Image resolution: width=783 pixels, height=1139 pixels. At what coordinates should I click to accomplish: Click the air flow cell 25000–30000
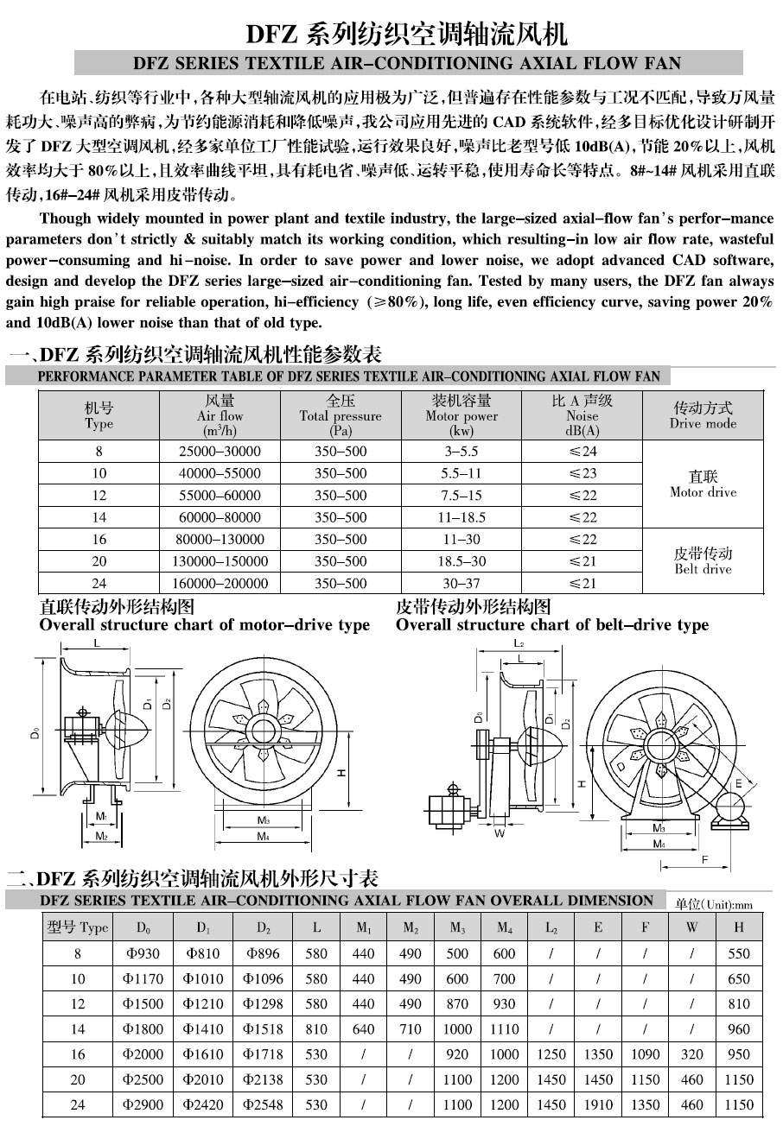click(x=220, y=451)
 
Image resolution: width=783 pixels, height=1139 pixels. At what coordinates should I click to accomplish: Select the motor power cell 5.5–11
click(x=462, y=473)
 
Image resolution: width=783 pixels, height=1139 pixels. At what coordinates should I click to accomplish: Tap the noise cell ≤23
click(x=582, y=473)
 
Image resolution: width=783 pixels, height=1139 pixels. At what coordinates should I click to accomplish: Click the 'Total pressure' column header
click(x=341, y=415)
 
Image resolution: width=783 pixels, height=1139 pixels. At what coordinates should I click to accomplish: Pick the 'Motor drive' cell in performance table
click(x=703, y=484)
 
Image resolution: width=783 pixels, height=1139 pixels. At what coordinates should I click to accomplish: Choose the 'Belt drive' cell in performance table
click(x=703, y=561)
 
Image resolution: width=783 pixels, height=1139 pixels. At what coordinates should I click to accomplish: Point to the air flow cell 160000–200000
click(x=220, y=584)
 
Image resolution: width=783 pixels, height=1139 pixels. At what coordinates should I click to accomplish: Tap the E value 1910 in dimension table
click(x=598, y=1104)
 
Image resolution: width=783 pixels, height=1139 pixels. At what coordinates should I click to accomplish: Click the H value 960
click(x=739, y=1028)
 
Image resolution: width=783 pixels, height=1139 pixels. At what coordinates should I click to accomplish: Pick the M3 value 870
click(x=456, y=1003)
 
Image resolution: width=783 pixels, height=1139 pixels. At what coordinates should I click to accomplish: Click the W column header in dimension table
click(x=692, y=927)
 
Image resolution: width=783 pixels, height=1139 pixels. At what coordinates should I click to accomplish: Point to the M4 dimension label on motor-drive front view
click(x=263, y=837)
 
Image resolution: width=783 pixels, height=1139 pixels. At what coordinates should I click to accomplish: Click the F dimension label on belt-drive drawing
click(x=705, y=859)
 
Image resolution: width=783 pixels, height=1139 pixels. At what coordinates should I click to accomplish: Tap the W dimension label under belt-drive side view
click(x=500, y=835)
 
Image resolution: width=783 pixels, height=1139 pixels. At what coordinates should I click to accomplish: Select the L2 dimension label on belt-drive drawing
click(x=518, y=643)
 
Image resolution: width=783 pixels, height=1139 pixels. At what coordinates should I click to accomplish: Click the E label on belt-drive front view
click(x=738, y=783)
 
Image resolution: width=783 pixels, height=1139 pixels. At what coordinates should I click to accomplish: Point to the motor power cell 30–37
click(x=462, y=584)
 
